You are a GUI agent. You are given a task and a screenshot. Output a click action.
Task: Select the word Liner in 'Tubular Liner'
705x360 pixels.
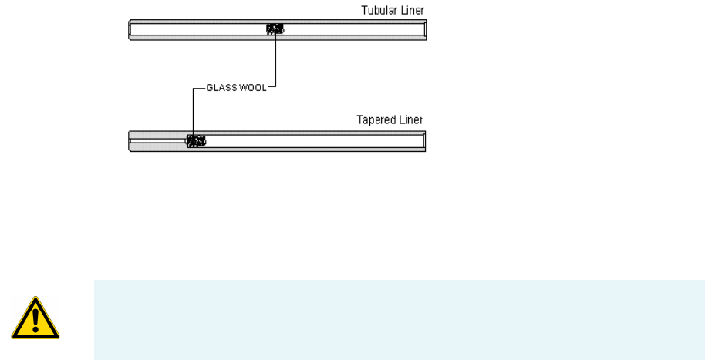pyautogui.click(x=412, y=10)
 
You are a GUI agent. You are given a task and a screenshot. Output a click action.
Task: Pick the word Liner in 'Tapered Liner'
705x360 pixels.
pyautogui.click(x=411, y=120)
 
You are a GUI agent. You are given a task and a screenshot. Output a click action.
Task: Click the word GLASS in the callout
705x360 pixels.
pyautogui.click(x=221, y=88)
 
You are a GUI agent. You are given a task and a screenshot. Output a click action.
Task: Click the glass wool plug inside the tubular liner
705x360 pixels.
pyautogui.click(x=275, y=29)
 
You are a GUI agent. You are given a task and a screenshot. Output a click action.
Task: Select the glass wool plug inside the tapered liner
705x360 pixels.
pyautogui.click(x=197, y=141)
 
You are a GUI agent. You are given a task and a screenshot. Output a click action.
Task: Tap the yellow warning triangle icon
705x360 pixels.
pyautogui.click(x=35, y=319)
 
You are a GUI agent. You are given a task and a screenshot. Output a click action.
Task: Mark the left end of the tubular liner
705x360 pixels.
pyautogui.click(x=130, y=30)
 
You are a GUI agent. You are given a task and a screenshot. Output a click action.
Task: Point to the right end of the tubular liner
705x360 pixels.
pyautogui.click(x=423, y=30)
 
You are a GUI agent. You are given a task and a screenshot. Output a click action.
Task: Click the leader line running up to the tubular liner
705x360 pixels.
pyautogui.click(x=275, y=62)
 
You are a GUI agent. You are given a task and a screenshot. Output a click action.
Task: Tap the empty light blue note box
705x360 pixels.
pyautogui.click(x=398, y=319)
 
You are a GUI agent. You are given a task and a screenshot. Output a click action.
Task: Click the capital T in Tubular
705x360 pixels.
pyautogui.click(x=364, y=10)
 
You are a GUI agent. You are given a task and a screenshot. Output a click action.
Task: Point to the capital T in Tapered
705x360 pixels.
pyautogui.click(x=359, y=120)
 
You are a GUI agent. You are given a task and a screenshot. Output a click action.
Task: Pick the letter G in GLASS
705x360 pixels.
pyautogui.click(x=209, y=88)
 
